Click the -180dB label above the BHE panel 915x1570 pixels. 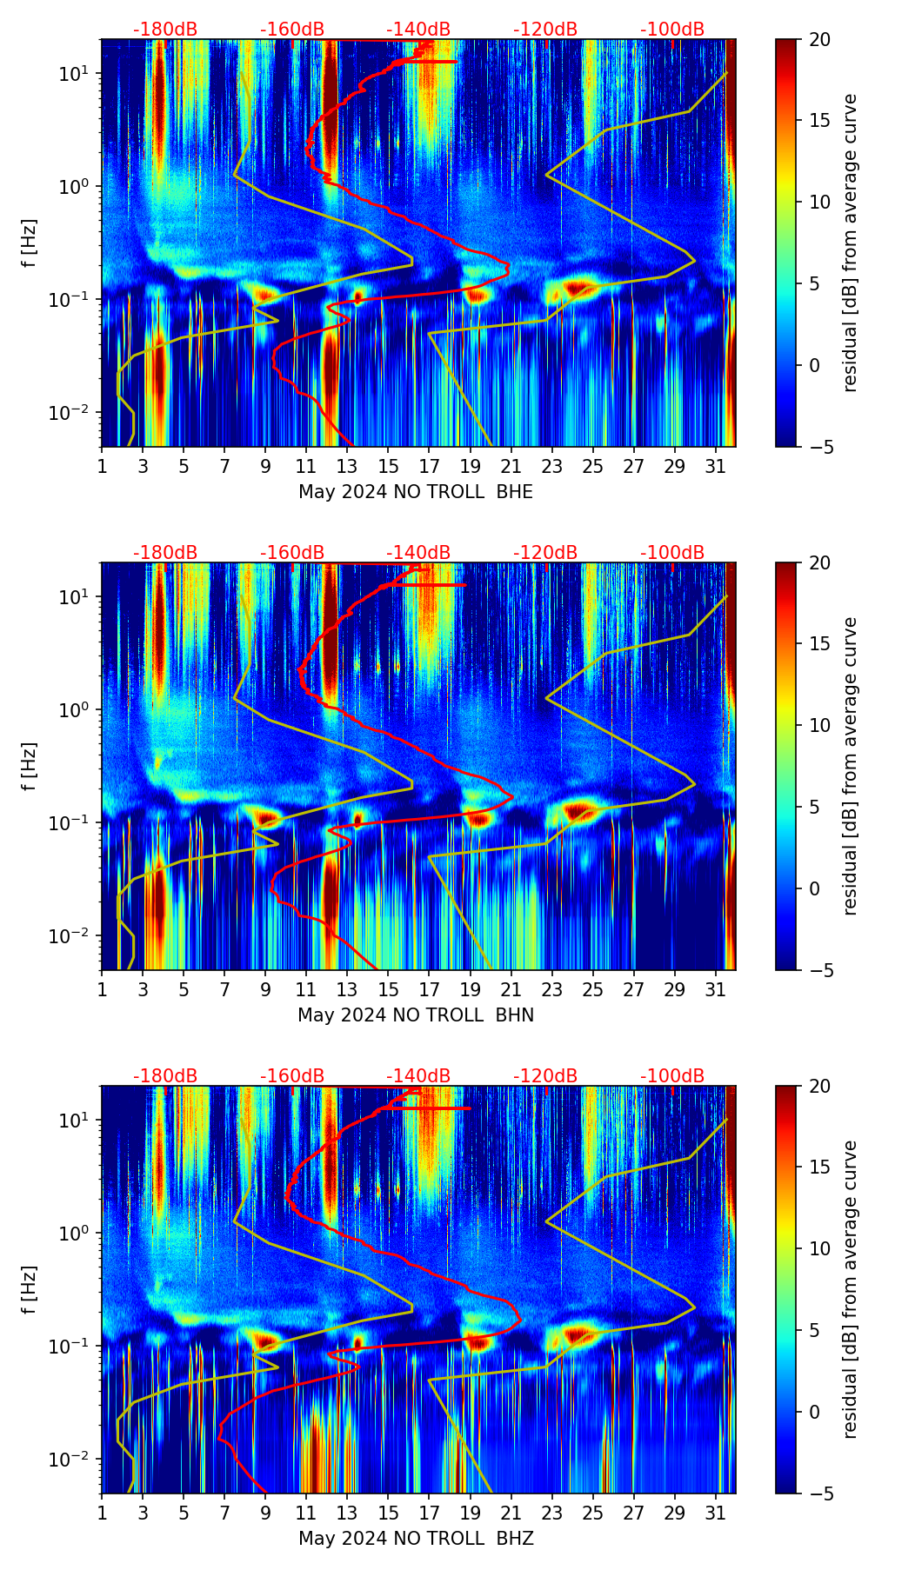[165, 30]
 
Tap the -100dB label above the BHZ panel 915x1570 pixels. [672, 1076]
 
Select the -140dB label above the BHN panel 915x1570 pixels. [418, 553]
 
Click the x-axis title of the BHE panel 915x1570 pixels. [416, 492]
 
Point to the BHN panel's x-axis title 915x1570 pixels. [416, 1015]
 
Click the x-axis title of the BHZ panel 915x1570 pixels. [416, 1539]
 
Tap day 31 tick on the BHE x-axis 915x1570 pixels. [716, 467]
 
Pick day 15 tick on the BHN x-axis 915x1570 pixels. [389, 990]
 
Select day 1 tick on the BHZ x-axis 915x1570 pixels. [102, 1513]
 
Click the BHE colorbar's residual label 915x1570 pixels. [850, 243]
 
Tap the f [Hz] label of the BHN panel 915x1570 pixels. [30, 766]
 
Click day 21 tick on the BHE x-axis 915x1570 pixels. [511, 467]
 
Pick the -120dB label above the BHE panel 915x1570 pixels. [545, 30]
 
